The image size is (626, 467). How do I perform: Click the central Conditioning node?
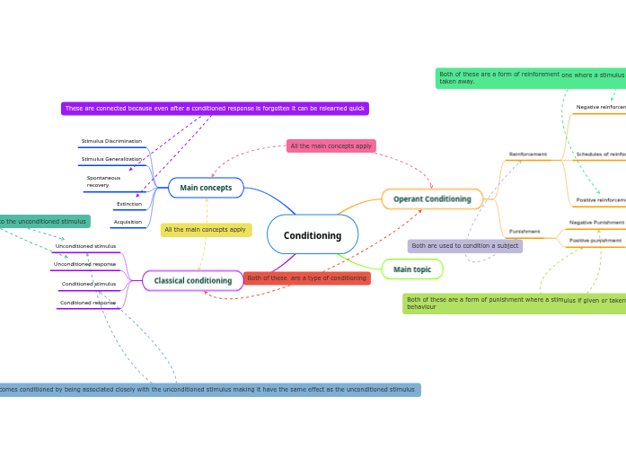313,235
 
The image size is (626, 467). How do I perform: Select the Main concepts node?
206,188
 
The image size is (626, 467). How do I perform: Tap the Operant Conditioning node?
432,199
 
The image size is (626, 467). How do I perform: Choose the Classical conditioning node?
192,281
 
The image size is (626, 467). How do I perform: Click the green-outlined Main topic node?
412,269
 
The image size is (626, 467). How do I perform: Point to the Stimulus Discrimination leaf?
111,141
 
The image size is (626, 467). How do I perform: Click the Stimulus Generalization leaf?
111,159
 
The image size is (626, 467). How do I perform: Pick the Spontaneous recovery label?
103,181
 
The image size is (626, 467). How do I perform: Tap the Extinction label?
128,204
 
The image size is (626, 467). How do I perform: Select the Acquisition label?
128,222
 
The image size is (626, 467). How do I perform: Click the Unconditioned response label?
84,264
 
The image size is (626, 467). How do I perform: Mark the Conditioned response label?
88,303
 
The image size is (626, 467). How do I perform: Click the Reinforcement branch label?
528,154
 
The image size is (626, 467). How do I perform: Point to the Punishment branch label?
525,232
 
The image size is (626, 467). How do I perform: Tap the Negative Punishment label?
596,222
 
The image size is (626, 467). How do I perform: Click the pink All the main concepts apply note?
331,145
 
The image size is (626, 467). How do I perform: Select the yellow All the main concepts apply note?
206,230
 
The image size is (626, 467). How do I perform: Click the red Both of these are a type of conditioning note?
306,278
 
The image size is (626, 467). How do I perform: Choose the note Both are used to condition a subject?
464,246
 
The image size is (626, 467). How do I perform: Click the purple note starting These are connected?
215,109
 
